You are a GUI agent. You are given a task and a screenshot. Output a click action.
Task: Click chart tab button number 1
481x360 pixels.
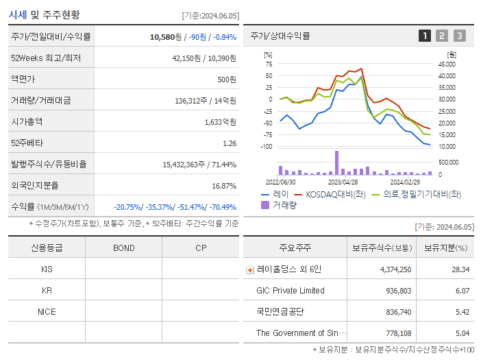[425, 36]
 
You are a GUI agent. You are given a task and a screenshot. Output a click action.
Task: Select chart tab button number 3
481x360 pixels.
[459, 36]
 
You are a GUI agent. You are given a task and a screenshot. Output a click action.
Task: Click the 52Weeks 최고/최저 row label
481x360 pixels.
[46, 58]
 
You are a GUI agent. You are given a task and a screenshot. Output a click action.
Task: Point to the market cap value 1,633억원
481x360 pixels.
[220, 122]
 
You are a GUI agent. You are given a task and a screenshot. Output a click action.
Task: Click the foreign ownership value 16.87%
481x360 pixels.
[223, 186]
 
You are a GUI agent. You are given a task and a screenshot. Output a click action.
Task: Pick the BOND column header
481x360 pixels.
[123, 248]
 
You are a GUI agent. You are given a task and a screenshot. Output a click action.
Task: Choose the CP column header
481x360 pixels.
[200, 248]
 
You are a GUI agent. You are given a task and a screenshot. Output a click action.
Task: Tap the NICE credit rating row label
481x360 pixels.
[47, 311]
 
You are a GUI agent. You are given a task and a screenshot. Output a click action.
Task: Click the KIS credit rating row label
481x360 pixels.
[47, 269]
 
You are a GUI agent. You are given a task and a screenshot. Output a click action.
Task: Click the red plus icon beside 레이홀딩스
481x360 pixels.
[250, 270]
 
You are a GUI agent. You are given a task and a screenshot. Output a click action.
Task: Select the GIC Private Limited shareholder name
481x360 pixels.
[291, 291]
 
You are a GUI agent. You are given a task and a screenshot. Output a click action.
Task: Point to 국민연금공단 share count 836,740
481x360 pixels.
[395, 312]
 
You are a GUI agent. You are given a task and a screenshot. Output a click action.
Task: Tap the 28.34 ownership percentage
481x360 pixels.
[460, 269]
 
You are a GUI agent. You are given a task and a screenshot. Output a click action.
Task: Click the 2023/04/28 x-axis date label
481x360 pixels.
[343, 182]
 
